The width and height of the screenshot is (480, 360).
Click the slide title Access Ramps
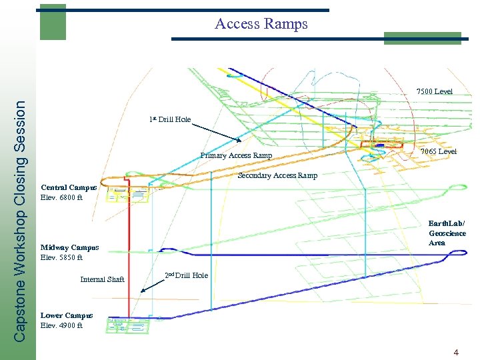click(x=261, y=24)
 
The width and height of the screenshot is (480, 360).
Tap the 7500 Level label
click(x=434, y=91)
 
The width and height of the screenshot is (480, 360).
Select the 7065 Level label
click(x=439, y=151)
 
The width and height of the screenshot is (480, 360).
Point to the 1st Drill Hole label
click(x=171, y=119)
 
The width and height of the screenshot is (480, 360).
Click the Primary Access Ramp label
click(x=236, y=156)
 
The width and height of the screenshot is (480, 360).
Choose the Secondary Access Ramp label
click(x=277, y=176)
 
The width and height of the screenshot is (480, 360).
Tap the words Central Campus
click(x=69, y=187)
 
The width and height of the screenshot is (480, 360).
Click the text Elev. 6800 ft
click(x=61, y=197)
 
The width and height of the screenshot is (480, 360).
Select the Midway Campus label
click(x=69, y=247)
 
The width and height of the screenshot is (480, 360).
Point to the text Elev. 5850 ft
click(x=61, y=257)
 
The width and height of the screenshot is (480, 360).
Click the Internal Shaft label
click(x=102, y=279)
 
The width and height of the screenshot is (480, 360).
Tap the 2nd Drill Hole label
click(x=186, y=275)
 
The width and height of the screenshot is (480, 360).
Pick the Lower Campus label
click(x=67, y=315)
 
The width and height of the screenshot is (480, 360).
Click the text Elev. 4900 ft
click(x=61, y=325)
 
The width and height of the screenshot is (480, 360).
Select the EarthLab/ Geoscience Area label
click(x=447, y=233)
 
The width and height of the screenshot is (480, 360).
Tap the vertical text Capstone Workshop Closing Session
click(x=21, y=220)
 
